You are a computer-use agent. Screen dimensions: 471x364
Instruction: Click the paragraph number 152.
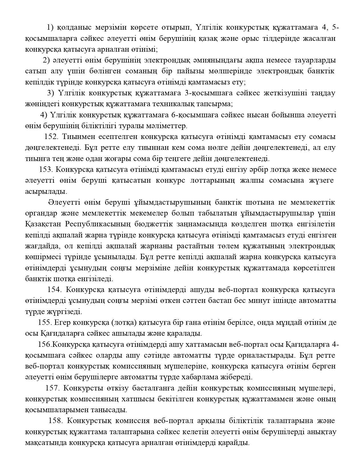(x=51, y=137)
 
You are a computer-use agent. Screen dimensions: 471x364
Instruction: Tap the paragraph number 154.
(x=54, y=289)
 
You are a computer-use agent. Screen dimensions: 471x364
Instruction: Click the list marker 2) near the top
(x=47, y=60)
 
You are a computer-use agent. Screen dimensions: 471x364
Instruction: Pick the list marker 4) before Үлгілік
(x=44, y=115)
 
